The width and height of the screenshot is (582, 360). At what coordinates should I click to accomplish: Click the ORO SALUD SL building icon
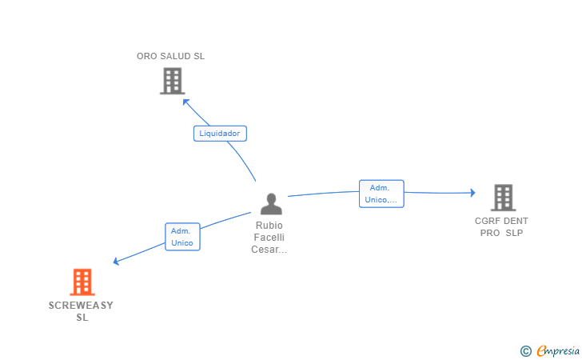(x=172, y=81)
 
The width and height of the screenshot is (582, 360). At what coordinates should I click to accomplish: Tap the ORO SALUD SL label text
(x=170, y=56)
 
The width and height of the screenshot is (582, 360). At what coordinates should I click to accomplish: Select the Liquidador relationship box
(x=220, y=134)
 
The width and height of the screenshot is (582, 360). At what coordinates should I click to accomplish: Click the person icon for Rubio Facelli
(x=271, y=204)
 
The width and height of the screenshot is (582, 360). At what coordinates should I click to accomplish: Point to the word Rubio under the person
(x=269, y=226)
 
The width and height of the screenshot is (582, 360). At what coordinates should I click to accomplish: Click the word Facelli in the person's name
(x=269, y=238)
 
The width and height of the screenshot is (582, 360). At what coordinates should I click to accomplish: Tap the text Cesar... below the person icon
(x=269, y=250)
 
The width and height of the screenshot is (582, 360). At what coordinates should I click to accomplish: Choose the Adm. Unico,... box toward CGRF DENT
(x=381, y=194)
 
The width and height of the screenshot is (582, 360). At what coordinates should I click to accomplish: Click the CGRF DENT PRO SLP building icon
(x=502, y=197)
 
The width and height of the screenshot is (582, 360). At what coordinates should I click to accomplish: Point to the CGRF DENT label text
(x=501, y=221)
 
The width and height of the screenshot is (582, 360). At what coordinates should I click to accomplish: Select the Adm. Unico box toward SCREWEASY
(x=182, y=237)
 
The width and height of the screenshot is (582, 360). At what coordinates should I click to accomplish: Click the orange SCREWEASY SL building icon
(x=82, y=282)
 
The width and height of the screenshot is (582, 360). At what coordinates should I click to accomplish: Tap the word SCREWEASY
(x=81, y=306)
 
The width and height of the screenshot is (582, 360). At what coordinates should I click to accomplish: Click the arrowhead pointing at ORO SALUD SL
(x=185, y=102)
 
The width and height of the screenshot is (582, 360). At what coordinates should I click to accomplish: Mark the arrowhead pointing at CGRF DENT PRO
(x=472, y=192)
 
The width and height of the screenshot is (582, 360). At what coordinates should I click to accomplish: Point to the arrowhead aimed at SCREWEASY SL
(x=117, y=261)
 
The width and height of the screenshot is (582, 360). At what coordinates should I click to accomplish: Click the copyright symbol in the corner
(x=525, y=350)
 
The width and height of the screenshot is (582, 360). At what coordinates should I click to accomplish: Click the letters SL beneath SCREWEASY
(x=82, y=318)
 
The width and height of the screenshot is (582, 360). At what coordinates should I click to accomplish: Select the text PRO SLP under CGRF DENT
(x=501, y=233)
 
